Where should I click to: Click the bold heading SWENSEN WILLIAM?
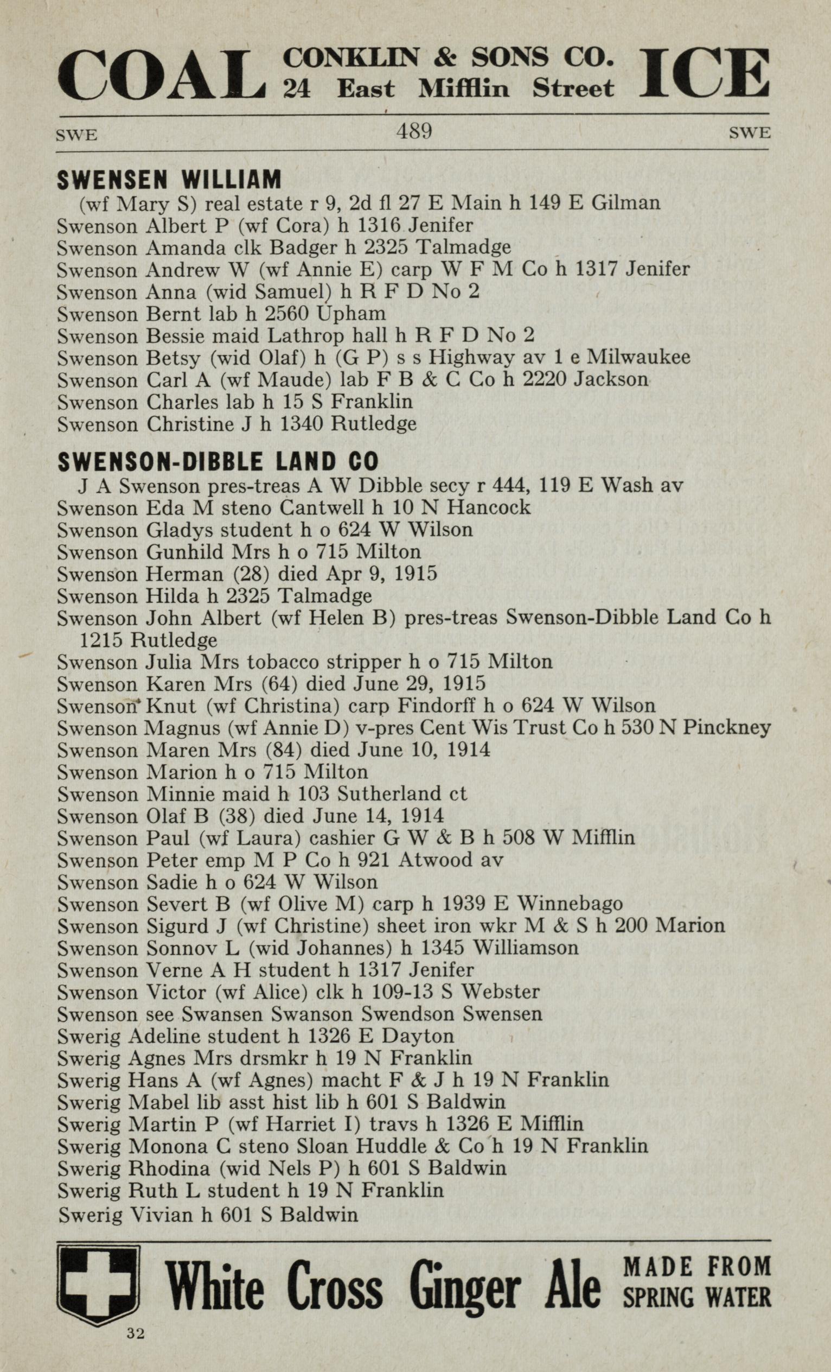[x=169, y=179]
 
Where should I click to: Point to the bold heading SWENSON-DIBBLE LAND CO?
[x=218, y=461]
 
